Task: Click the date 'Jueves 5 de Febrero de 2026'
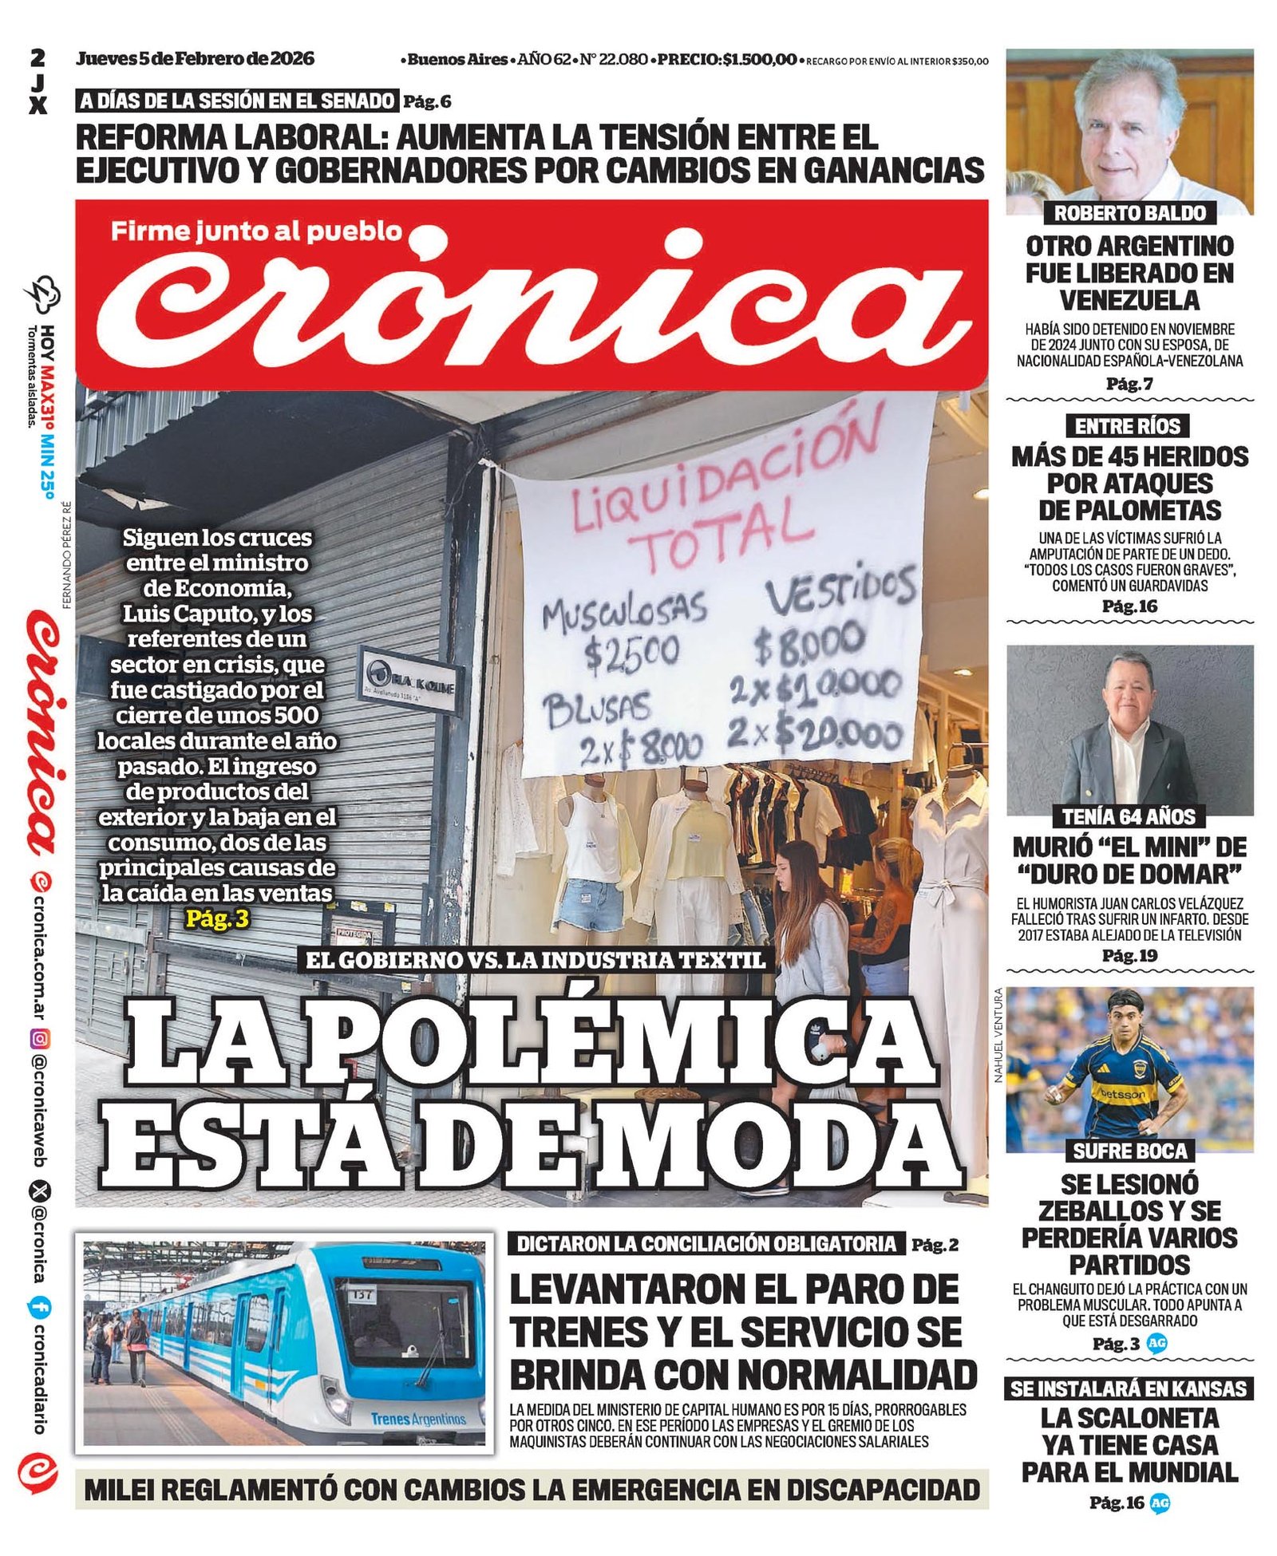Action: coord(196,58)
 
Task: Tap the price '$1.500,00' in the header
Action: coord(760,59)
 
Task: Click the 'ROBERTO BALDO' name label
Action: coord(1129,213)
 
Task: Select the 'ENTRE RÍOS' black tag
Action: coord(1127,426)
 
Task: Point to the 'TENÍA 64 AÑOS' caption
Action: coord(1129,816)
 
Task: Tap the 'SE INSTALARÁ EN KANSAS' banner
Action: coord(1129,1389)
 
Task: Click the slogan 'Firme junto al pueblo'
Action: coord(256,231)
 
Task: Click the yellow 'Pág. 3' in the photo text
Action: coord(217,920)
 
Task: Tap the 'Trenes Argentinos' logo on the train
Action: coord(418,1419)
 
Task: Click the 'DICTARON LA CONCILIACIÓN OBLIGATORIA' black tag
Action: coord(706,1244)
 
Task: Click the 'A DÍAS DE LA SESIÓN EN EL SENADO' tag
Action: coord(238,101)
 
